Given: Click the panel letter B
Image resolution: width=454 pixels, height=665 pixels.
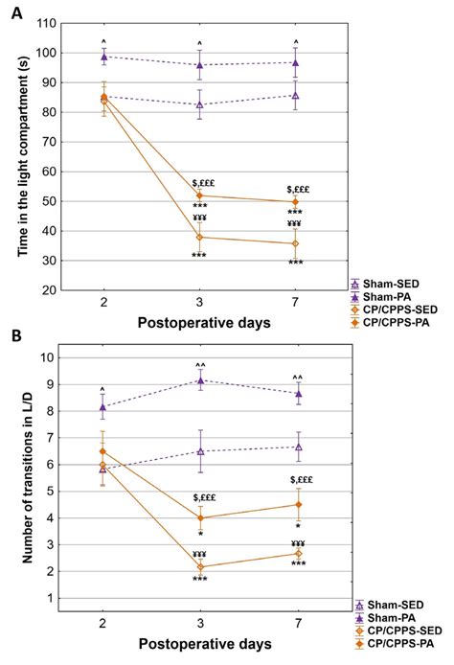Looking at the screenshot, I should (10, 337).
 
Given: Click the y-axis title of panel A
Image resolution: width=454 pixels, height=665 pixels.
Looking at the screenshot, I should (18, 155).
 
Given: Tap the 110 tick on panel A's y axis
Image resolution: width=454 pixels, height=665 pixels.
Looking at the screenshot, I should (45, 24).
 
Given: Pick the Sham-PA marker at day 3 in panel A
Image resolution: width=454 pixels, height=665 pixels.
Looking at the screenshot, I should (199, 65).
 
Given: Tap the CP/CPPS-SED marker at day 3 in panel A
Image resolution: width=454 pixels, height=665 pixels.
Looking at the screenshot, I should (199, 237).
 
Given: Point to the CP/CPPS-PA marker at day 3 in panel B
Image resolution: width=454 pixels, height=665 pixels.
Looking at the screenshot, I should (199, 517).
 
